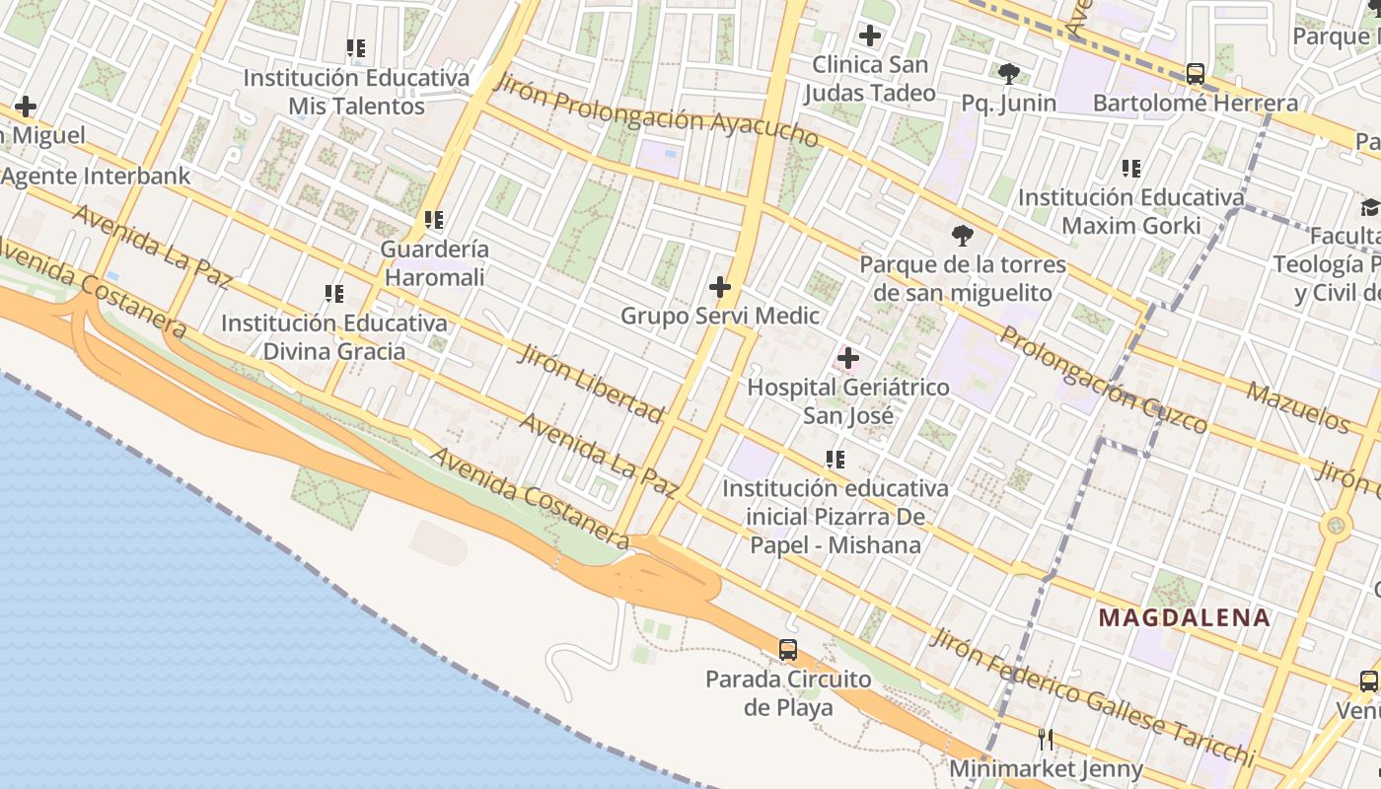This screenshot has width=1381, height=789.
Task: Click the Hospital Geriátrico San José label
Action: [x=848, y=401]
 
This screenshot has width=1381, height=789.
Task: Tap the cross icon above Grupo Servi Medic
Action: [x=720, y=287]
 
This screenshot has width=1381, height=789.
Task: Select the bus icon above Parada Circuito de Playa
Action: [x=787, y=649]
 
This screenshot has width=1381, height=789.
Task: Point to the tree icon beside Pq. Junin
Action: [x=1008, y=73]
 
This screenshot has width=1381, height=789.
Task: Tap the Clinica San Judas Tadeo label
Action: [x=869, y=79]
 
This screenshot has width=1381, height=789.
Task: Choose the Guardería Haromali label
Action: [x=434, y=263]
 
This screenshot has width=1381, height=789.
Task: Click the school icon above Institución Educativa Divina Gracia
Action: [x=334, y=293]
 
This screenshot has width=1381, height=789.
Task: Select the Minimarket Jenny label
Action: [x=1046, y=768]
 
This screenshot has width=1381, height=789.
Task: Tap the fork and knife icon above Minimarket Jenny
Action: [x=1045, y=738]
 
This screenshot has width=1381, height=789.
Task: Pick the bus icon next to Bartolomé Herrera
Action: [x=1195, y=73]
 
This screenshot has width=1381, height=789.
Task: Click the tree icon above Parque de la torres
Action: [x=962, y=235]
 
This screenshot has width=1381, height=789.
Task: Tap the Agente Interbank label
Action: [x=96, y=176]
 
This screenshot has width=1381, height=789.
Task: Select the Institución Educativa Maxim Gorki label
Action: [x=1130, y=211]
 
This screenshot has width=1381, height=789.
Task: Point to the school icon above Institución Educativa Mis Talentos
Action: [x=356, y=47]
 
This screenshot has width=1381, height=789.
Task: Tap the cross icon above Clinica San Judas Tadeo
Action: [x=869, y=36]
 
